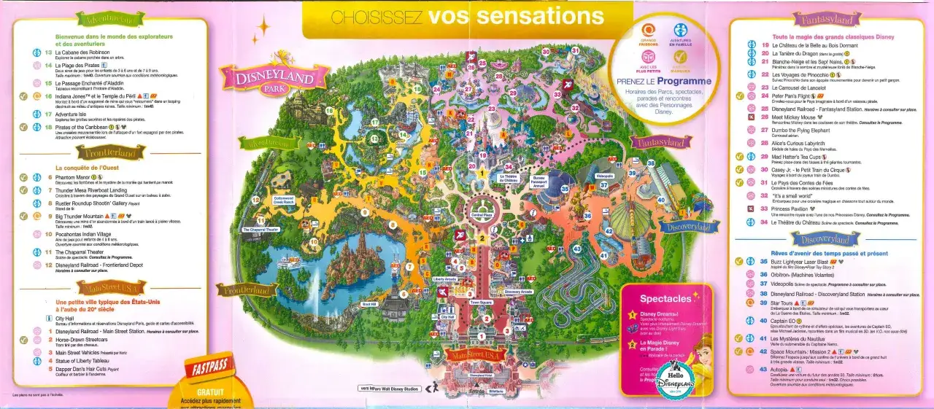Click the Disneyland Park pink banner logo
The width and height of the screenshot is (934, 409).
tap(269, 77)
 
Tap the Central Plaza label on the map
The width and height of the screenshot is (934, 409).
tap(481, 215)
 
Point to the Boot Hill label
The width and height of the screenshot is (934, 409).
tap(369, 304)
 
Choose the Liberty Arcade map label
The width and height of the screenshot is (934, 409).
tap(444, 278)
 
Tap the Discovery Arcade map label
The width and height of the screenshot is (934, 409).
tap(518, 292)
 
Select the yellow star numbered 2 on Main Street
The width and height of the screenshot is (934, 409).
tap(482, 238)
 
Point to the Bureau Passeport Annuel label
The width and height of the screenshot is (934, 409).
tap(539, 181)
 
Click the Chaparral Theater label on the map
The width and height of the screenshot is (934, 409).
tap(260, 230)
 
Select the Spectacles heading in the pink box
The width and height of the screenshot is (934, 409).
tap(665, 298)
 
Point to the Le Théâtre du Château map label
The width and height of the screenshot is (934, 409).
tap(509, 177)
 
